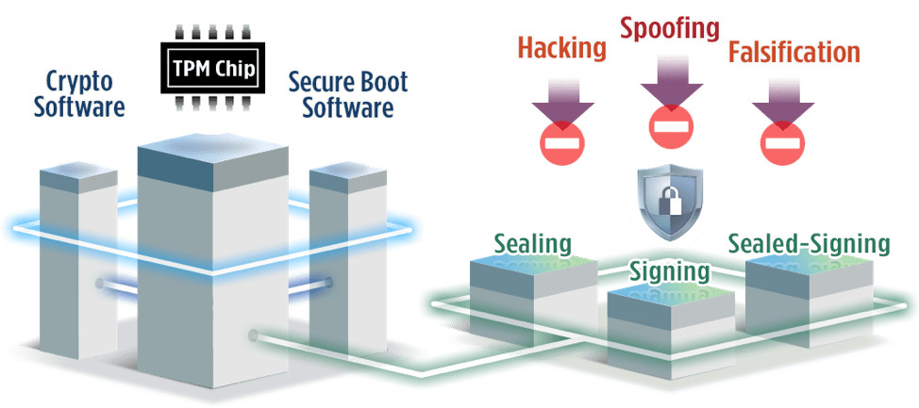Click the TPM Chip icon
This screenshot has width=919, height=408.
coord(212,68)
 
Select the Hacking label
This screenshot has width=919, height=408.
coord(561,48)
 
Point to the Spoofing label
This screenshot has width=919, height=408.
coord(670,28)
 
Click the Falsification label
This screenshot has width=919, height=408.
coord(794,52)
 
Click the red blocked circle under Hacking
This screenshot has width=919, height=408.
coord(562,142)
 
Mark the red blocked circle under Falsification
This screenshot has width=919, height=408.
coord(782,142)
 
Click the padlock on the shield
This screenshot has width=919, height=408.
coord(671,199)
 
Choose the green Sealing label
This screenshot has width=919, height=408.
coord(533,245)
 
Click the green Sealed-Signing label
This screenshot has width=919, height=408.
coord(809,244)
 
